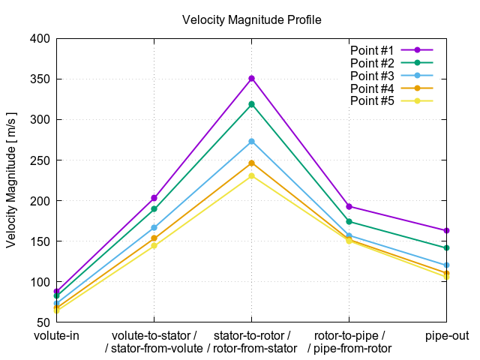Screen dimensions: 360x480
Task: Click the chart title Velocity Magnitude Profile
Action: tap(252, 19)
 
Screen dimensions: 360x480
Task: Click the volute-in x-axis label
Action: tap(56, 335)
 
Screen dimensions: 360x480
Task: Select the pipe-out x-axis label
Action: tap(447, 335)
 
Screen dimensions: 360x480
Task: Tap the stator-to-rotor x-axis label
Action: tap(252, 335)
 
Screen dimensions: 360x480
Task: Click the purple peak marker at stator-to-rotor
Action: tap(252, 78)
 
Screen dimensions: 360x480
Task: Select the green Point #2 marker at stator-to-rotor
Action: tap(252, 104)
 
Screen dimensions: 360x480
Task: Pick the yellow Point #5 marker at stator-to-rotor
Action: tap(252, 176)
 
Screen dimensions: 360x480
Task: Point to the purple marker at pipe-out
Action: tap(447, 230)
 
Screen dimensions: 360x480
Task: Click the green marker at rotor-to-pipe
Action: tap(349, 221)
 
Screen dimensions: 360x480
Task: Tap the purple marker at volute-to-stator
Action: tap(154, 198)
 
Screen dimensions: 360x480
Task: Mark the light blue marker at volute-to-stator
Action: tap(154, 227)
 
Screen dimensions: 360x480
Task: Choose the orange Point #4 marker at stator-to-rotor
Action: tap(252, 163)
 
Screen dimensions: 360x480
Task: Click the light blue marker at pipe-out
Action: tap(447, 265)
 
